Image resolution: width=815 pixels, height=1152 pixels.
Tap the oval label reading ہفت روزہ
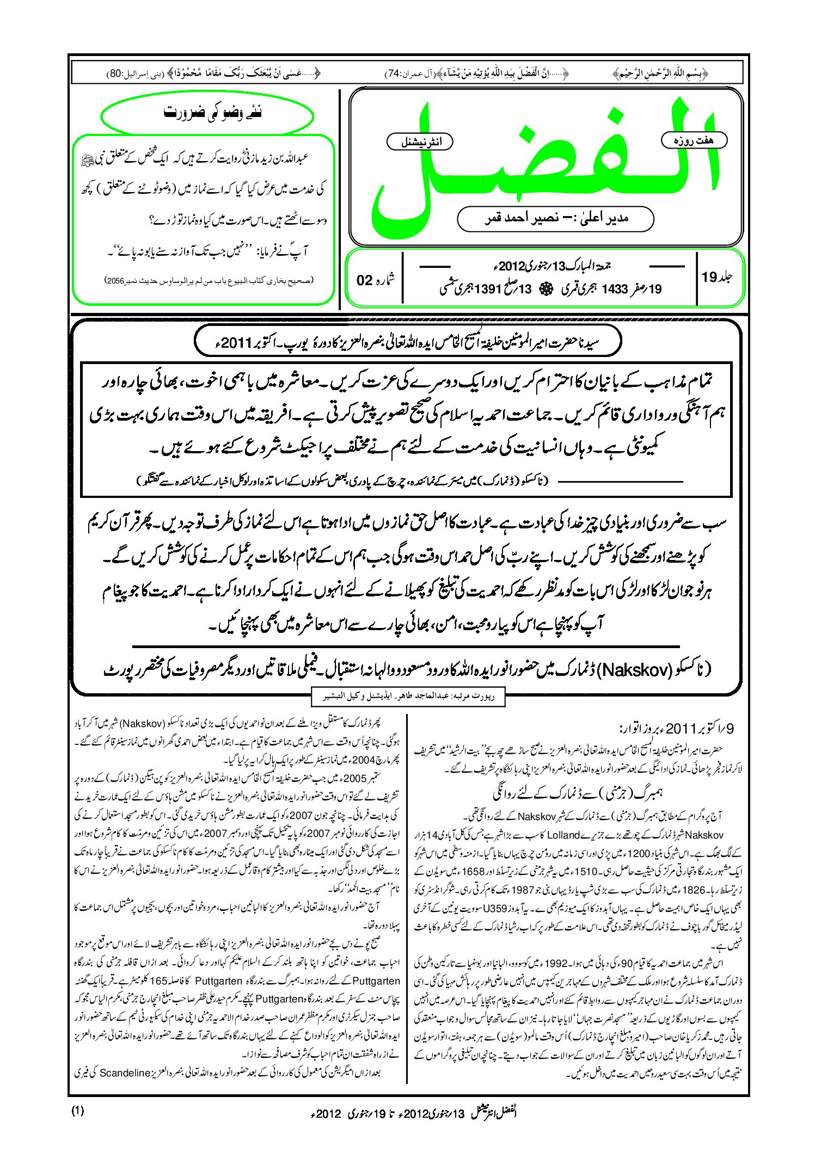(x=694, y=140)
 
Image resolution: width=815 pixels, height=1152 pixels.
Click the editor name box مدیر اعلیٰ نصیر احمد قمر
(x=555, y=219)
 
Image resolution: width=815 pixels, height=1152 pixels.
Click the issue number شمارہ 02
(x=375, y=280)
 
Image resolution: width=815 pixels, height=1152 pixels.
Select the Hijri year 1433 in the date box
(x=615, y=289)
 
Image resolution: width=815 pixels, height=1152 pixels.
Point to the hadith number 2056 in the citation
(x=115, y=281)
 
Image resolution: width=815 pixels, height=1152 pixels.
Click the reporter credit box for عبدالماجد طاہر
(x=408, y=696)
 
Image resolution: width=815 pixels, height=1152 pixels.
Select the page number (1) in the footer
(x=77, y=1111)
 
